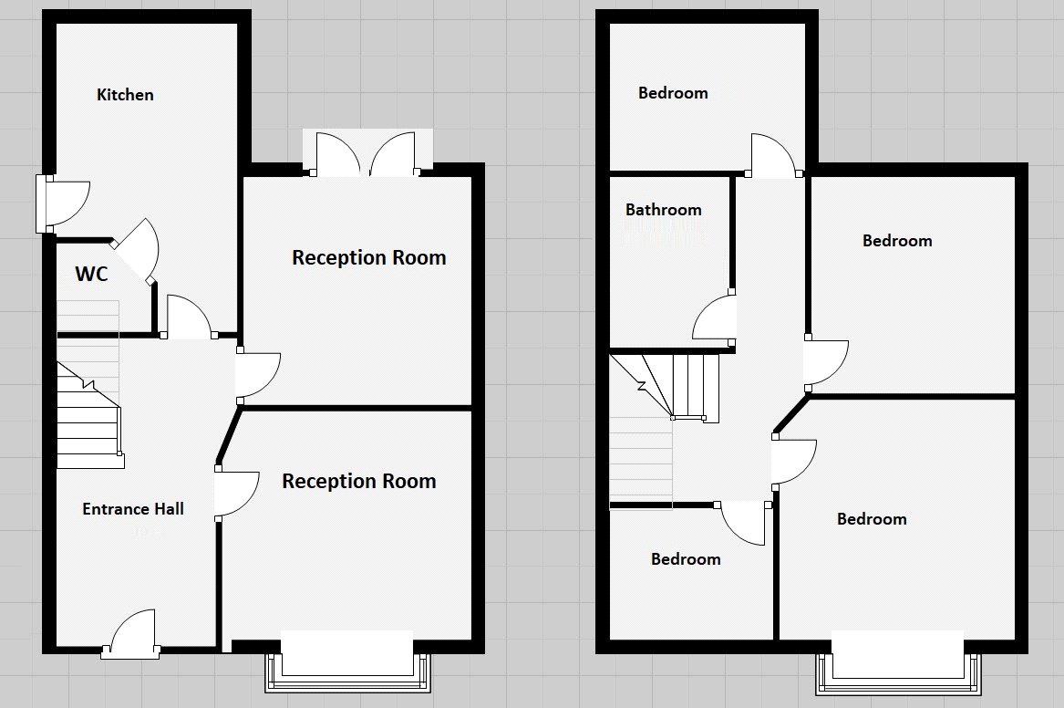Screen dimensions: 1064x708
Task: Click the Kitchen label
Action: (x=125, y=94)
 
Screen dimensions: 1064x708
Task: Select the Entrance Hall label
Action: (x=133, y=509)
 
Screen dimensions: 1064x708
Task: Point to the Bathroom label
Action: (x=664, y=210)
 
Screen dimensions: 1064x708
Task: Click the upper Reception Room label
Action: (x=368, y=257)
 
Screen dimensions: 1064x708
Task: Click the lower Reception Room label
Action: (x=358, y=481)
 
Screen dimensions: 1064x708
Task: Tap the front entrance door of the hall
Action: (x=132, y=634)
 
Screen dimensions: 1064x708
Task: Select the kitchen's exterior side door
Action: (x=62, y=203)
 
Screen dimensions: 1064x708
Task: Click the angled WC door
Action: (x=137, y=250)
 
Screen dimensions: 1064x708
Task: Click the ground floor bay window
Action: (x=346, y=662)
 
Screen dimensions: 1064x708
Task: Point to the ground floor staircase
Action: (x=89, y=415)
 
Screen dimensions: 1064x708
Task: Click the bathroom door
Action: (x=716, y=319)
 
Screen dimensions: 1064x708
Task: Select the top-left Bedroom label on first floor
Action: (x=673, y=93)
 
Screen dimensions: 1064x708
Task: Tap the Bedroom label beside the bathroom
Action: (x=897, y=241)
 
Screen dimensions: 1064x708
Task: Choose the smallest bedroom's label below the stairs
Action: (x=686, y=559)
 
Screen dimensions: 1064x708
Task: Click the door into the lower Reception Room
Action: (x=235, y=494)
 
